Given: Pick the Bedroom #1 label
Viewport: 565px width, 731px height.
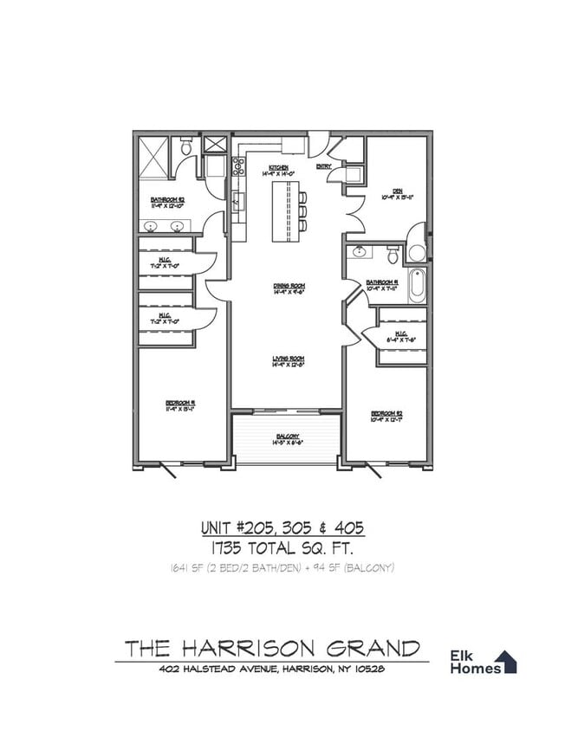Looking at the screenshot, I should [180, 402].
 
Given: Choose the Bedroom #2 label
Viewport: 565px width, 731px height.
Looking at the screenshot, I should [384, 413].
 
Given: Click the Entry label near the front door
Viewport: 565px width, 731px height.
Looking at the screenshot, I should [323, 166].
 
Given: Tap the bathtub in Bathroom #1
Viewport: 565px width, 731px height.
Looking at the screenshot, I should [417, 287].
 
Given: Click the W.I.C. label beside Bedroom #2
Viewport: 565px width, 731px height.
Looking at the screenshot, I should [401, 335].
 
